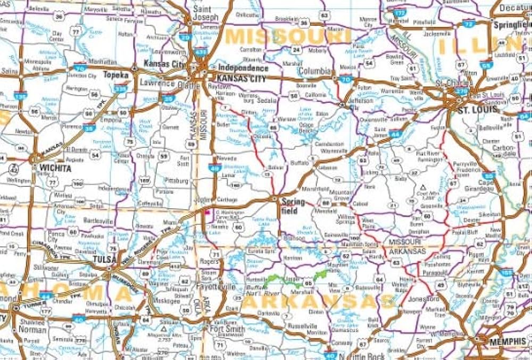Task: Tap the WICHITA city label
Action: (x=54, y=168)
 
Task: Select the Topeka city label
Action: (x=117, y=75)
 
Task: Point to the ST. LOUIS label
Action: (x=477, y=109)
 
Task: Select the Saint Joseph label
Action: (x=202, y=13)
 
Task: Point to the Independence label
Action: (x=244, y=68)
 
